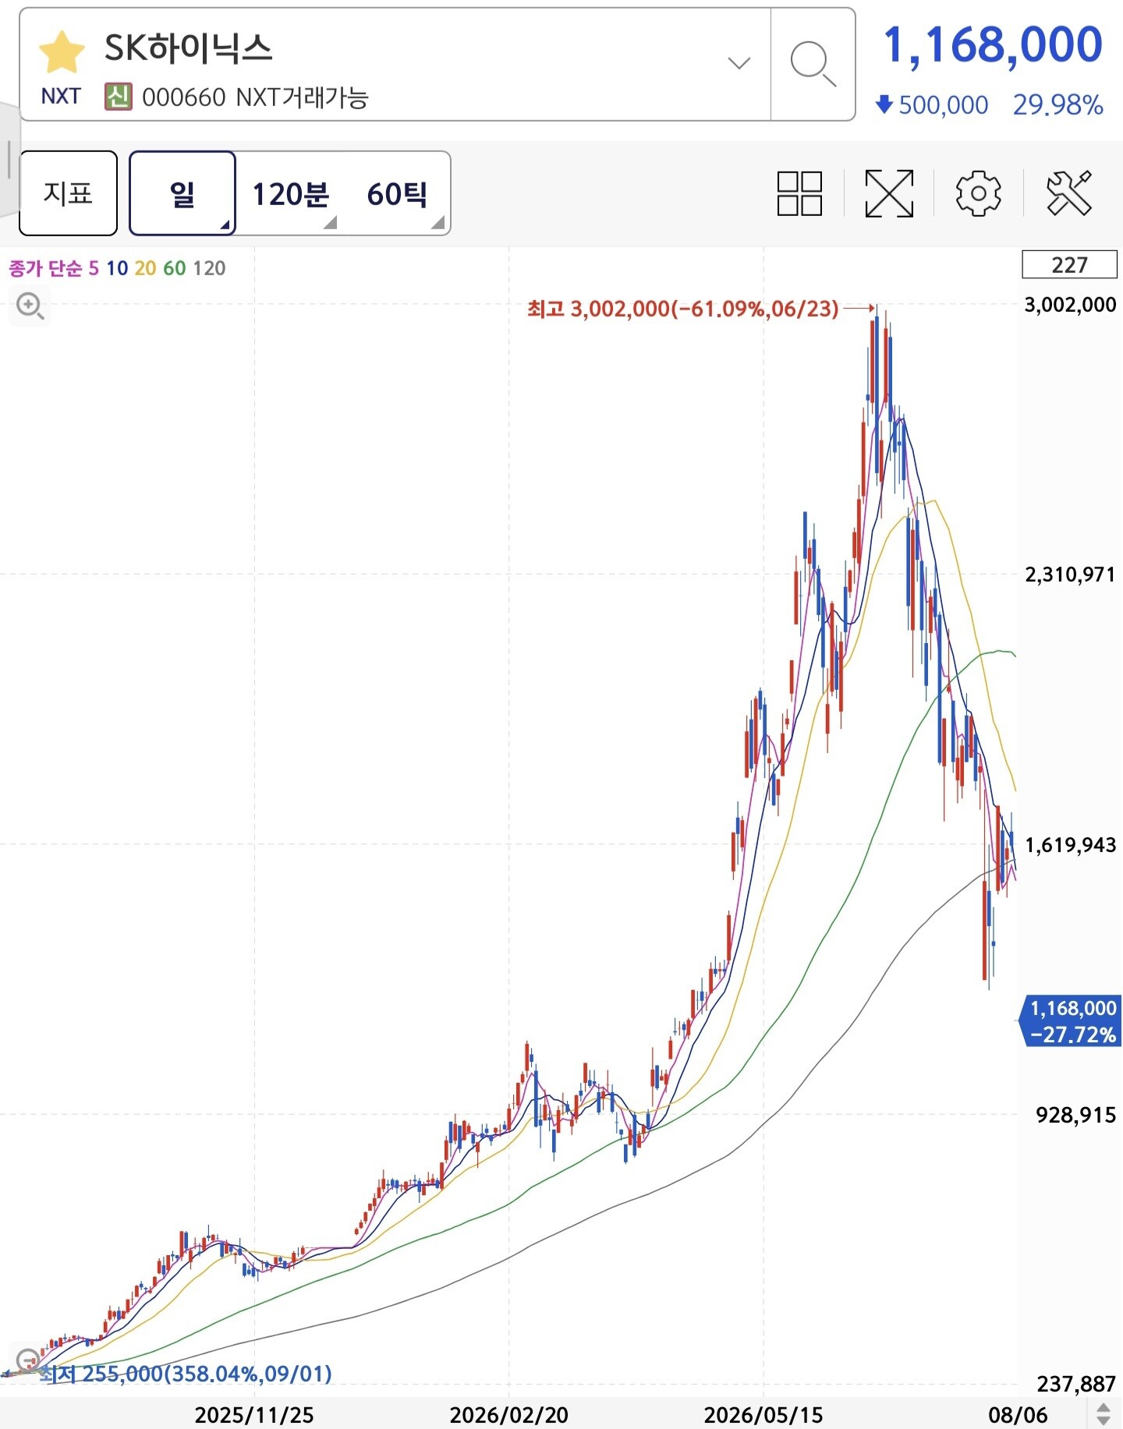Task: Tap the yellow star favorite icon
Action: (x=62, y=52)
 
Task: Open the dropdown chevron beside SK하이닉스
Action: (x=739, y=63)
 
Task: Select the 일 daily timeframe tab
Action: (x=182, y=193)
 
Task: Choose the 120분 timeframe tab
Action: (x=290, y=194)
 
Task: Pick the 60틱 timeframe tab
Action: (x=397, y=194)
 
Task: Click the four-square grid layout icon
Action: (x=799, y=193)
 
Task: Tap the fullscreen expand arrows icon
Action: (x=889, y=193)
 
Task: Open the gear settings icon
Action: (x=978, y=193)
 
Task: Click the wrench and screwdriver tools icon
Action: (x=1068, y=193)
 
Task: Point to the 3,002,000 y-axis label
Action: (x=1070, y=305)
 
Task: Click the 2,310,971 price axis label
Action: (x=1070, y=575)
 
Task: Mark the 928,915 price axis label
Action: (x=1075, y=1115)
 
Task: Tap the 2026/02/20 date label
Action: (x=509, y=1415)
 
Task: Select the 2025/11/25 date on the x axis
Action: (x=254, y=1415)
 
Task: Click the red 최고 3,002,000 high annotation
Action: (x=682, y=309)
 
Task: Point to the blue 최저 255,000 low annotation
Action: (x=186, y=1373)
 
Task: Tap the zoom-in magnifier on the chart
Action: (x=30, y=306)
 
